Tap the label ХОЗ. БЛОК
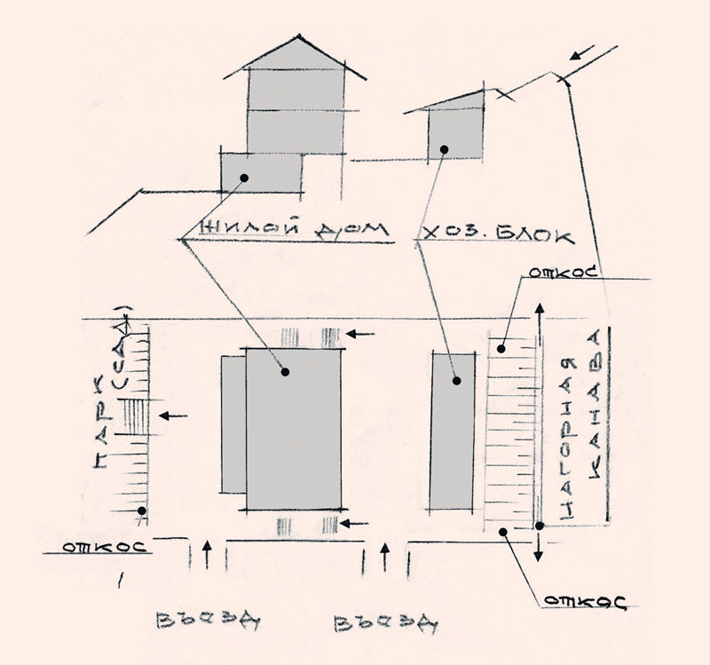pos(498,234)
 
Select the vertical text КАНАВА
pos(596,404)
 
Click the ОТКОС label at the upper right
pos(563,273)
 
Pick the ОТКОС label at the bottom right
pos(585,602)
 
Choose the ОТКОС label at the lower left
pos(105,547)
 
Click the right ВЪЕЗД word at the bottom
pos(386,624)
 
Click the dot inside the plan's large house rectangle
pos(285,372)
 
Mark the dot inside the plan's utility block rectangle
pos(456,381)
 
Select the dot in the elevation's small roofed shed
pos(445,149)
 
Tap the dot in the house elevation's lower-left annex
pos(244,178)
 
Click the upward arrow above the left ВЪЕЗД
pos(207,555)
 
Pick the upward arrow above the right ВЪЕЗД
pos(385,558)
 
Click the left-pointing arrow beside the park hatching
pos(173,416)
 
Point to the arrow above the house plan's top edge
pos(360,335)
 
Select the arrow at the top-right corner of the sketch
pos(582,52)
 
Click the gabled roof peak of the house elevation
pos(299,36)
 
